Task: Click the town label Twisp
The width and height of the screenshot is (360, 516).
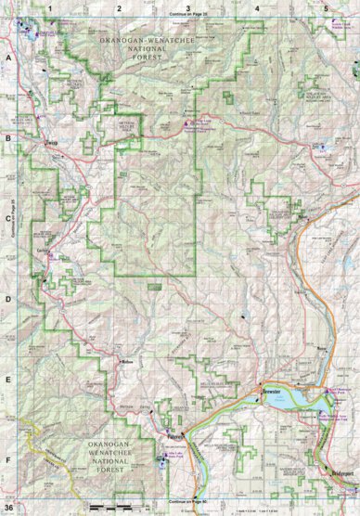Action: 52,144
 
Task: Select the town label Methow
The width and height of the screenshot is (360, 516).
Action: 128,362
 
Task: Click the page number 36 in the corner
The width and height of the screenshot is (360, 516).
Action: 8,508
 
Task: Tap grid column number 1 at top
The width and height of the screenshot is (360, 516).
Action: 52,7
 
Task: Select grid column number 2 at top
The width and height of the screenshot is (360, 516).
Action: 119,7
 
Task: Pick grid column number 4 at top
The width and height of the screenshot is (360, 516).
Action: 256,7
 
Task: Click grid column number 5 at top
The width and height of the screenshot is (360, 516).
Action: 326,7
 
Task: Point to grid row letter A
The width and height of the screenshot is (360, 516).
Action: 7,58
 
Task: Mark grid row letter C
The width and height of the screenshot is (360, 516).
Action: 7,219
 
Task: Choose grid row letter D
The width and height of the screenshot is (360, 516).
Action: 7,299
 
